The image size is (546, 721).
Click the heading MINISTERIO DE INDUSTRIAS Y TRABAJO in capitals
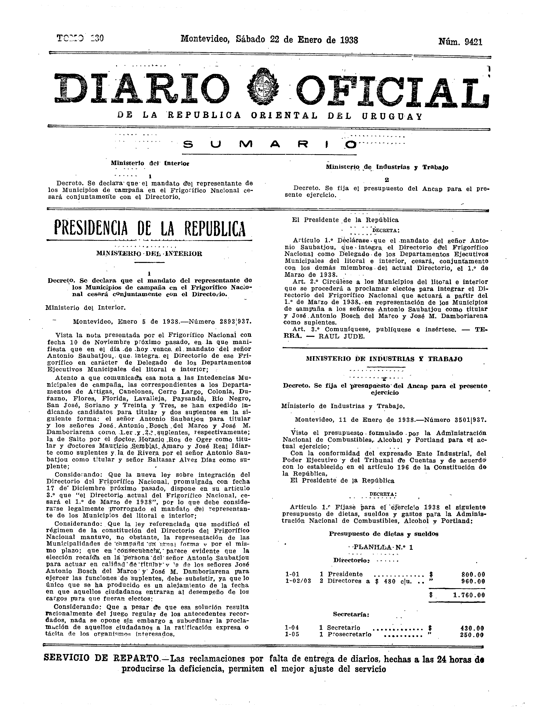click(384, 359)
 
